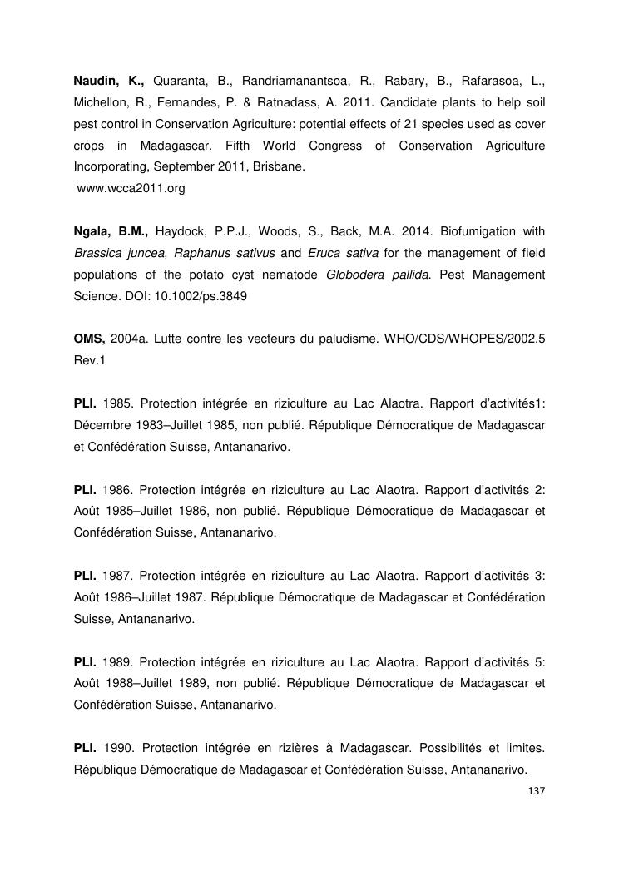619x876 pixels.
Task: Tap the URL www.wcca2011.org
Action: (x=130, y=189)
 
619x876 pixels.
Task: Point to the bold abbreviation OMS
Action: (x=89, y=339)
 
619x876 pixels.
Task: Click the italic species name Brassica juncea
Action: (x=118, y=252)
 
